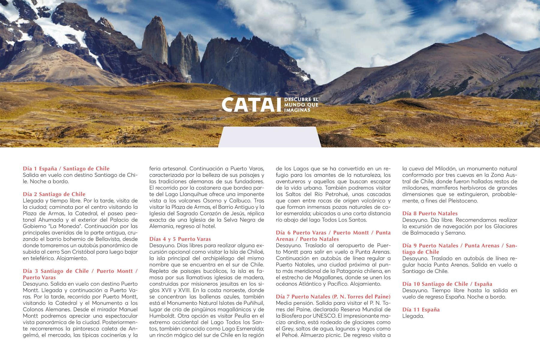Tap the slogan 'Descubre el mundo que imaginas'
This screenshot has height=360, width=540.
point(301,105)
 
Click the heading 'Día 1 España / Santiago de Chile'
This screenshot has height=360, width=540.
point(66,169)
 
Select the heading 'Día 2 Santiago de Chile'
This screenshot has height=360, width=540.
point(54,194)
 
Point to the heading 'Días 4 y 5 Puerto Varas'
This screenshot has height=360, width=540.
point(180,239)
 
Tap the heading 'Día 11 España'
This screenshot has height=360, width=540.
point(421,310)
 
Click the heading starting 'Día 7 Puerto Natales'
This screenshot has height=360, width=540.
point(333,297)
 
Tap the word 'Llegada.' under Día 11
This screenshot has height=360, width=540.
point(413,316)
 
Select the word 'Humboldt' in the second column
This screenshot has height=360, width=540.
point(162,316)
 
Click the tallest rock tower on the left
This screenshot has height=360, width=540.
point(155,39)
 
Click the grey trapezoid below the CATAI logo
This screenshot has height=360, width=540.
point(269,137)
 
